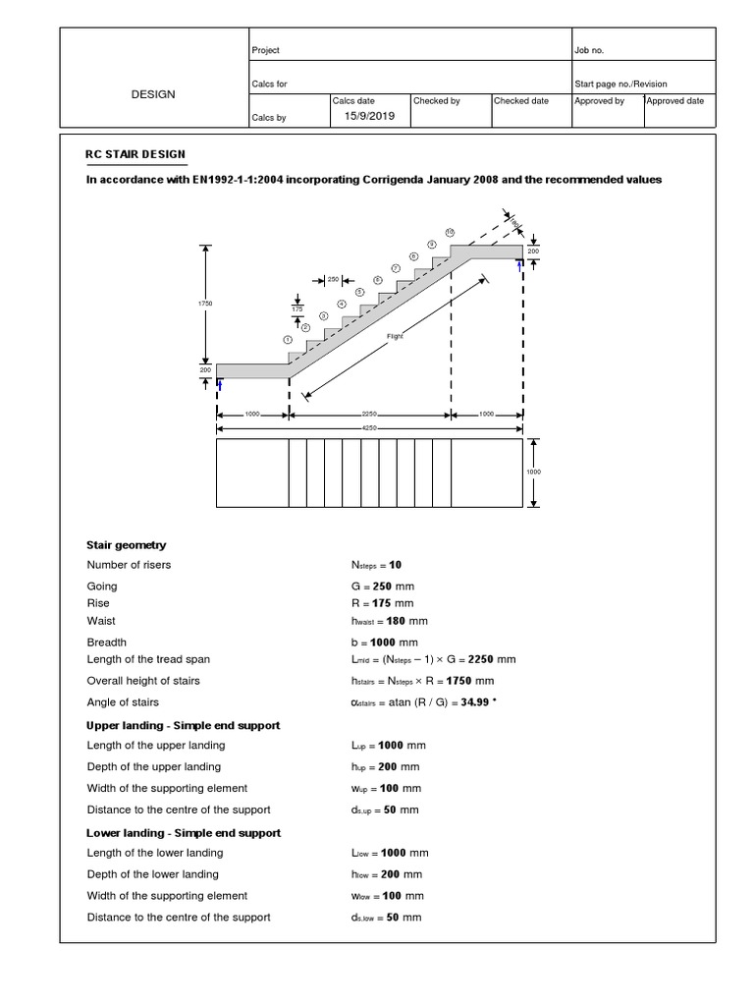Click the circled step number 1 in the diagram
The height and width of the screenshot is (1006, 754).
click(x=288, y=340)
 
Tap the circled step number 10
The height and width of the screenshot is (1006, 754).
click(x=450, y=232)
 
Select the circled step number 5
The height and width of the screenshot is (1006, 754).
click(x=359, y=292)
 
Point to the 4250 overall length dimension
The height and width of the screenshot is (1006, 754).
click(x=369, y=428)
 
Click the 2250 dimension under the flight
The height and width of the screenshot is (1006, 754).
click(x=369, y=415)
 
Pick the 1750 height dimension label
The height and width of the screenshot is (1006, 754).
click(x=206, y=304)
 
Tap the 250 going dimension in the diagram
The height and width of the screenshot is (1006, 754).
click(x=333, y=280)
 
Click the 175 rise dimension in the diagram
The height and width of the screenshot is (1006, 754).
click(x=297, y=308)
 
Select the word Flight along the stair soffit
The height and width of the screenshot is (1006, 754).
click(x=395, y=335)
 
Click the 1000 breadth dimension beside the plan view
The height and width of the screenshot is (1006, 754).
click(x=534, y=473)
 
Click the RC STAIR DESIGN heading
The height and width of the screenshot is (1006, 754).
click(x=135, y=155)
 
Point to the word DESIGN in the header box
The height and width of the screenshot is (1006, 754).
click(x=153, y=94)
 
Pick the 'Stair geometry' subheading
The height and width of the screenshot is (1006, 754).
click(x=127, y=545)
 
